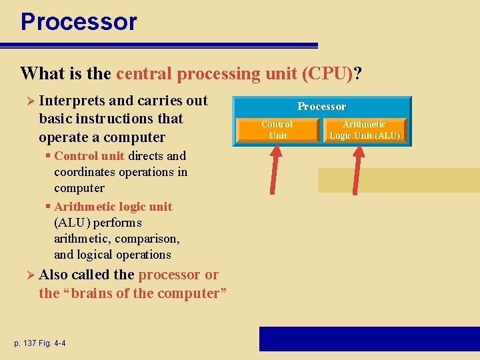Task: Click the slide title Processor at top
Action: [79, 21]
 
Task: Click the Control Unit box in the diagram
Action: [277, 130]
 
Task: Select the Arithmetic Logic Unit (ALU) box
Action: [365, 130]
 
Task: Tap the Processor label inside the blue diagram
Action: [321, 107]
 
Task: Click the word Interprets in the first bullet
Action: [71, 101]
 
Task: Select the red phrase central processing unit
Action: [207, 73]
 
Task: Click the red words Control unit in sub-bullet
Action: [89, 156]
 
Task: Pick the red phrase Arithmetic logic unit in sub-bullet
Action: [113, 207]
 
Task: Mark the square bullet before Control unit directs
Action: [49, 157]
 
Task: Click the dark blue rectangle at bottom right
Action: [369, 339]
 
